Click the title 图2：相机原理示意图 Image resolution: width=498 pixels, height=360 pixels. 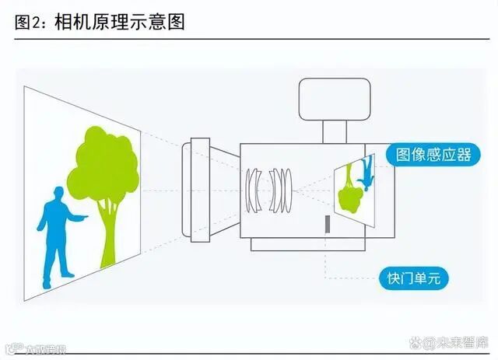click(x=100, y=21)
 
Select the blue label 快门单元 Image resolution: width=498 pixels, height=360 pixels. click(x=413, y=277)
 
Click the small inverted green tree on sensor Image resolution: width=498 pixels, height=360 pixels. click(x=349, y=190)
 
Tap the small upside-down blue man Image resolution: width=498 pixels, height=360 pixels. click(x=366, y=173)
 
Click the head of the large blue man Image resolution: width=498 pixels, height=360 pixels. click(x=56, y=192)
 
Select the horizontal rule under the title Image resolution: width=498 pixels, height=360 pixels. click(x=249, y=38)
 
